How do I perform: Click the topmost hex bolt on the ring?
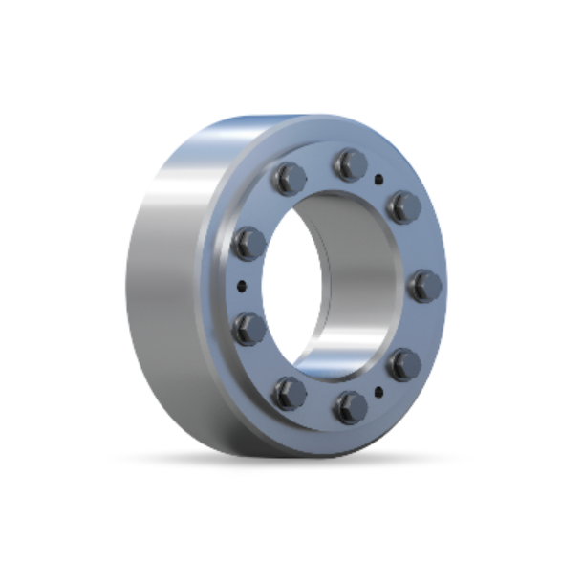point(350,164)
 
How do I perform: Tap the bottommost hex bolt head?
point(350,408)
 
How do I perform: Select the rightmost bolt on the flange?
point(425,285)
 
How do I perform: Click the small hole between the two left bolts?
point(241,285)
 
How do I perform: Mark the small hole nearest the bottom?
point(379,391)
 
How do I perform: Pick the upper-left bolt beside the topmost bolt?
point(289,177)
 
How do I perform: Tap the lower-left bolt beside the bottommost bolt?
point(289,393)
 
